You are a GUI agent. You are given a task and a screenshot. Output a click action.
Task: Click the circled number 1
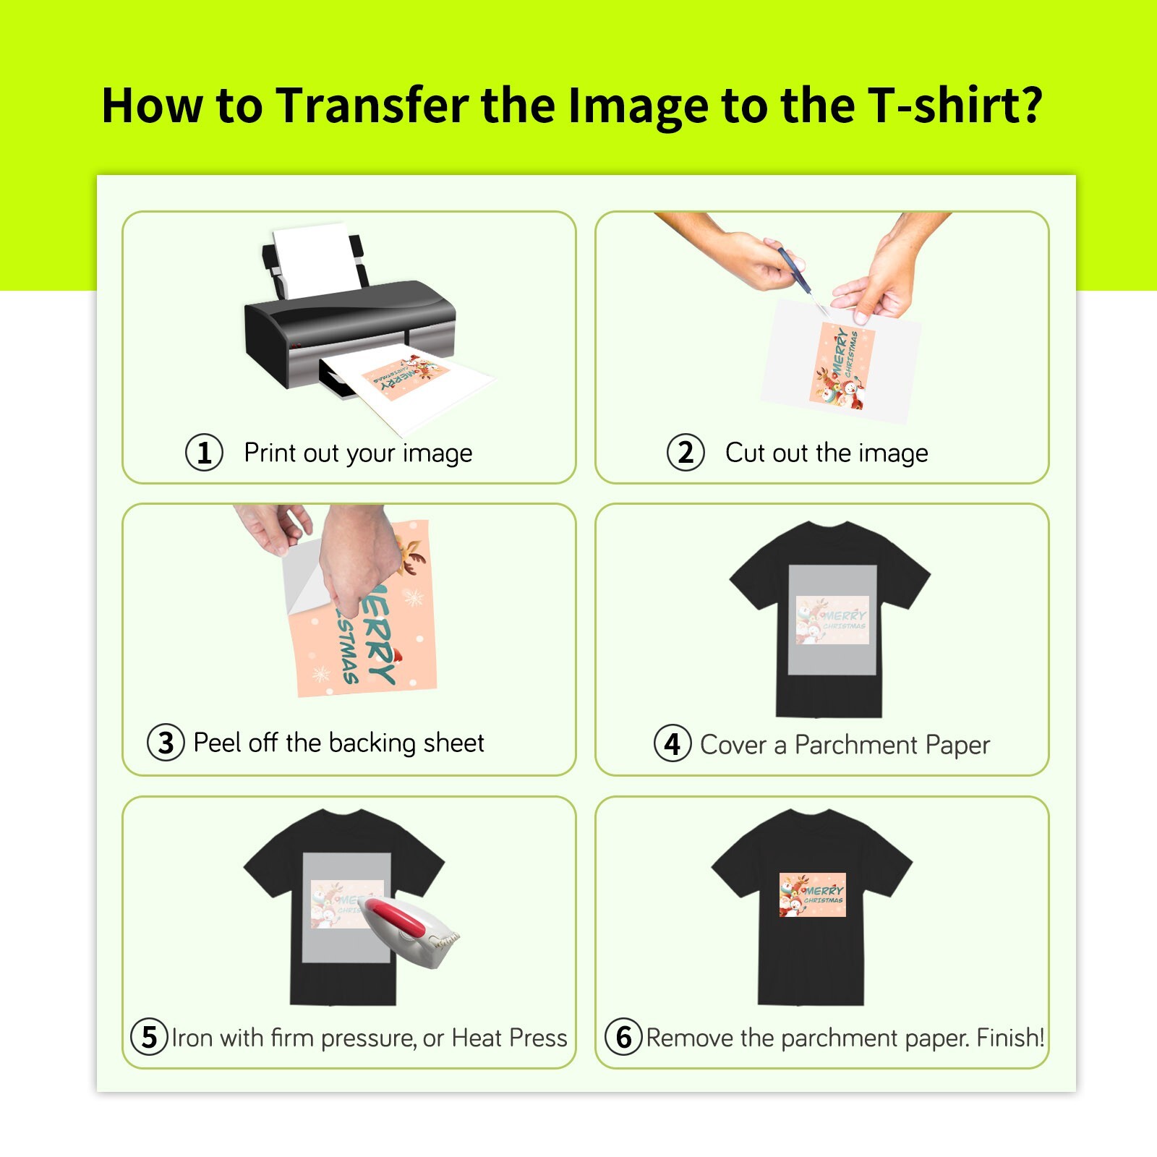(x=204, y=453)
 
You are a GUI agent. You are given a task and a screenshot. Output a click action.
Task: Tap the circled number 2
(x=685, y=453)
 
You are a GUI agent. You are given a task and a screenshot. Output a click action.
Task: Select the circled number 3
(x=166, y=743)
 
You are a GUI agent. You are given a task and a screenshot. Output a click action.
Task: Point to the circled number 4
(x=673, y=743)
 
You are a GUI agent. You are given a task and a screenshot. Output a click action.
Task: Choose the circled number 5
(x=149, y=1037)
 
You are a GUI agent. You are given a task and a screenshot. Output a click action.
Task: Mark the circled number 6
(x=623, y=1037)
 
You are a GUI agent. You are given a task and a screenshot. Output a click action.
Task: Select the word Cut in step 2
(x=746, y=453)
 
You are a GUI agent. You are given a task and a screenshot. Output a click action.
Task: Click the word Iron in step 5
(x=192, y=1038)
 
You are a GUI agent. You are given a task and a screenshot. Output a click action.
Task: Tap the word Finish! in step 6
(x=1010, y=1038)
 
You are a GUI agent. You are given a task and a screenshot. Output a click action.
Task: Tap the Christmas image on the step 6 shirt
(x=812, y=895)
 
